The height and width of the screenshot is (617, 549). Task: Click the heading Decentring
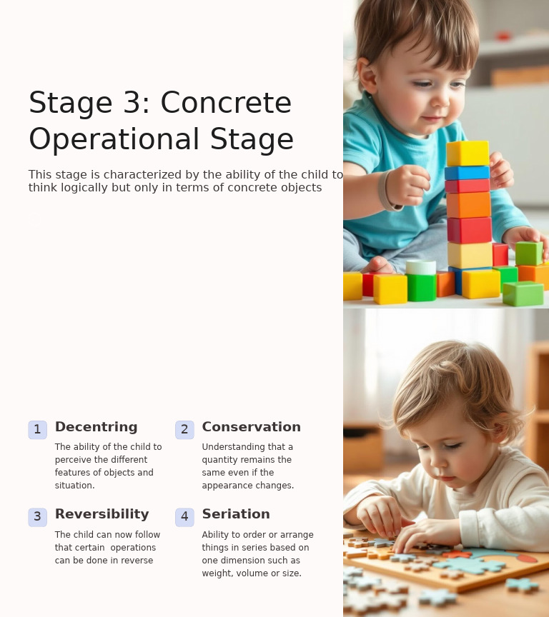pos(96,427)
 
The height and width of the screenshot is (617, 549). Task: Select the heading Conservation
pos(251,427)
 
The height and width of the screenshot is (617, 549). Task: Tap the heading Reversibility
pos(102,514)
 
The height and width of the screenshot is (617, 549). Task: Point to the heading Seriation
pos(235,514)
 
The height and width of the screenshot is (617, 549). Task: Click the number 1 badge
pos(37,430)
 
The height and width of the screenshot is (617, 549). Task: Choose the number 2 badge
pos(184,430)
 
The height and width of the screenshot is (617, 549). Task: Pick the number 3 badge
pos(37,517)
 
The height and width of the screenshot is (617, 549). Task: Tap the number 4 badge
pos(184,517)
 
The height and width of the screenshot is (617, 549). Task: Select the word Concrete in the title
pos(226,104)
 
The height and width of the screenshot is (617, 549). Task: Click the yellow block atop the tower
pos(468,153)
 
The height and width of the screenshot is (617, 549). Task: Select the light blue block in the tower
pos(467,173)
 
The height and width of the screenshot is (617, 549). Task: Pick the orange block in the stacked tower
pos(469,205)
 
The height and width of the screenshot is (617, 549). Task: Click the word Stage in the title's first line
pos(70,104)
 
